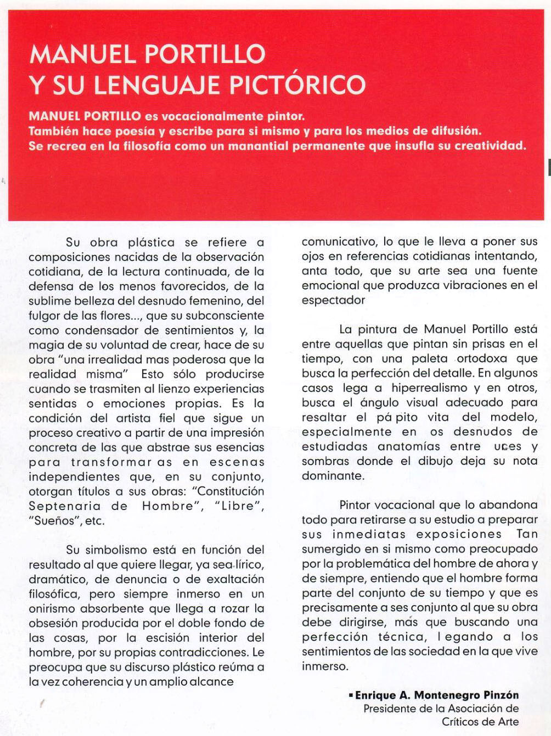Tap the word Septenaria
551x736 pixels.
65,506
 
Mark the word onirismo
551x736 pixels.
52,609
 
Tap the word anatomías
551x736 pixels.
409,446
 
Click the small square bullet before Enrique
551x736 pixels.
351,695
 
